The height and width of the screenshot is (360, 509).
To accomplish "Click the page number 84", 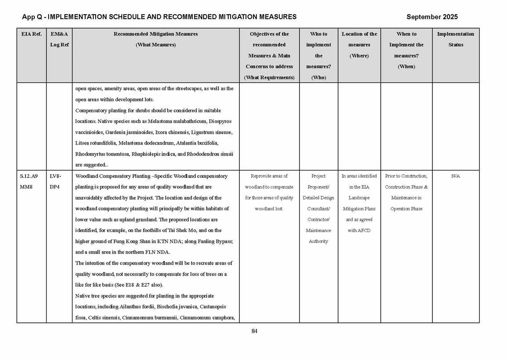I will [254, 331].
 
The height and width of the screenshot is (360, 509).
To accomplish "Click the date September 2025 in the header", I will [431, 17].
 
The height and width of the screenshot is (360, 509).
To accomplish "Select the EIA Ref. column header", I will [31, 34].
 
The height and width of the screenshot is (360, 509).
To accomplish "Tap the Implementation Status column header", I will [455, 39].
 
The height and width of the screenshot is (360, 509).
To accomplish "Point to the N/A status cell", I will [456, 176].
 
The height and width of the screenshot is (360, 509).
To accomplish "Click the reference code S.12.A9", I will [29, 176].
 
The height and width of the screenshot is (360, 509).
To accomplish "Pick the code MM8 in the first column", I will [26, 187].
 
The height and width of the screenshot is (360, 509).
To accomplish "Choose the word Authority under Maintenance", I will [318, 241].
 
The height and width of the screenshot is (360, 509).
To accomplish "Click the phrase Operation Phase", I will [406, 209].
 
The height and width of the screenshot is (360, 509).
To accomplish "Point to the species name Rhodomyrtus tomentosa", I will [102, 154].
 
